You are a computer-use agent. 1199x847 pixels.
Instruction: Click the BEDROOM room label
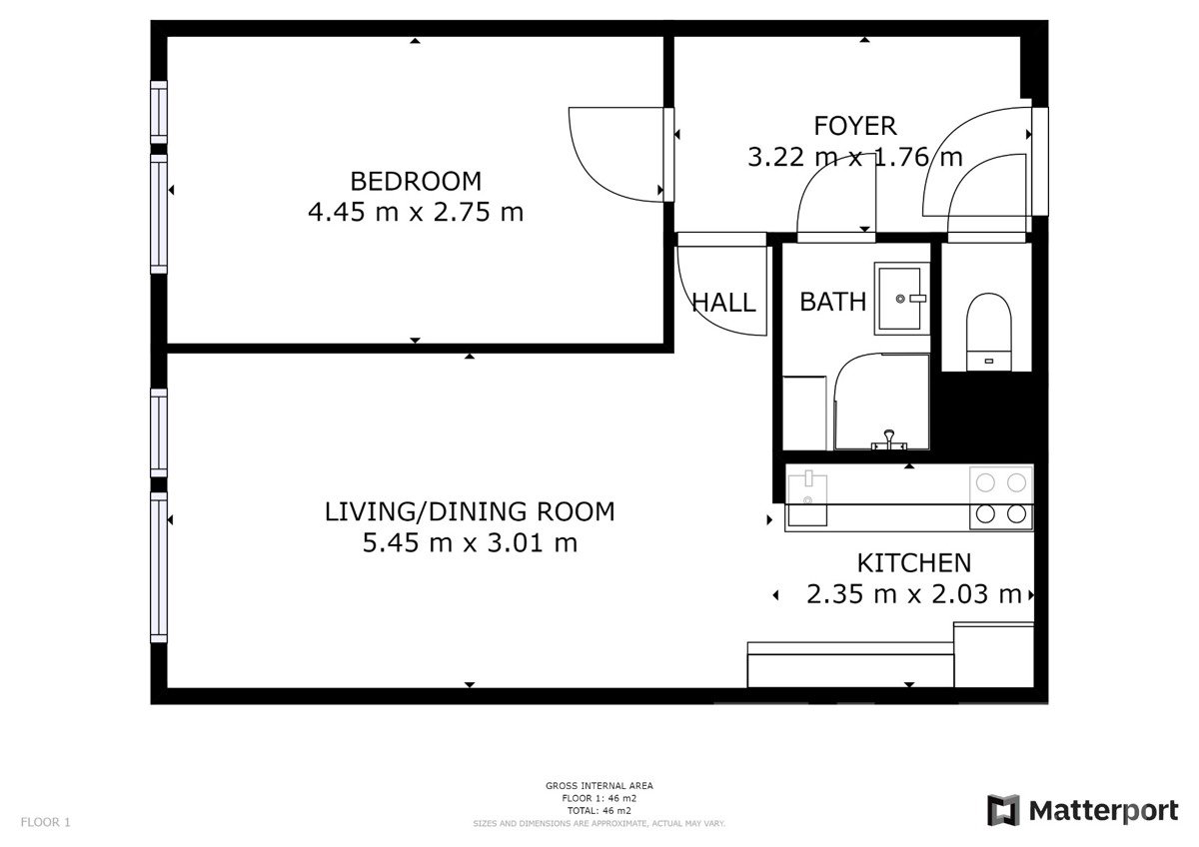416,182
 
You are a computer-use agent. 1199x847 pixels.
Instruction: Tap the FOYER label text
855,126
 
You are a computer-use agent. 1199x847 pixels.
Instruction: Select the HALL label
723,303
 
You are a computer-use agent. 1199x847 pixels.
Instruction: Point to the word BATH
833,303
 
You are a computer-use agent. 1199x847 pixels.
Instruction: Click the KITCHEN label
913,563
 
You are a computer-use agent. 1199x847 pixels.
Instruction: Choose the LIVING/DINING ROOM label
470,511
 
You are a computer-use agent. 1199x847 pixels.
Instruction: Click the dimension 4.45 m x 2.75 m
416,212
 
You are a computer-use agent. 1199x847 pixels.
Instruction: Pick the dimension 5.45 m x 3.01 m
470,542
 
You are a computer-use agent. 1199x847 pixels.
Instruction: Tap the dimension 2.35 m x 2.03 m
913,594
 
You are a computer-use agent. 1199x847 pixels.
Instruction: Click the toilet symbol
988,332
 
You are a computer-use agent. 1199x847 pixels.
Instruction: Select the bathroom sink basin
901,299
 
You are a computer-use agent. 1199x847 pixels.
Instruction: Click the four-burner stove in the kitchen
1001,498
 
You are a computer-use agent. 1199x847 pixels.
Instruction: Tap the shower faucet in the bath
889,439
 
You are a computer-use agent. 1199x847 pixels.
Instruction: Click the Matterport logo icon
1002,810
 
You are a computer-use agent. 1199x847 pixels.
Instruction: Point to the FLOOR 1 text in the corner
46,822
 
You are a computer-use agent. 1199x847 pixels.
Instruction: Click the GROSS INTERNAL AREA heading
599,785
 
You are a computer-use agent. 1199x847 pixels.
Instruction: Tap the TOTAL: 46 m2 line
599,811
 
